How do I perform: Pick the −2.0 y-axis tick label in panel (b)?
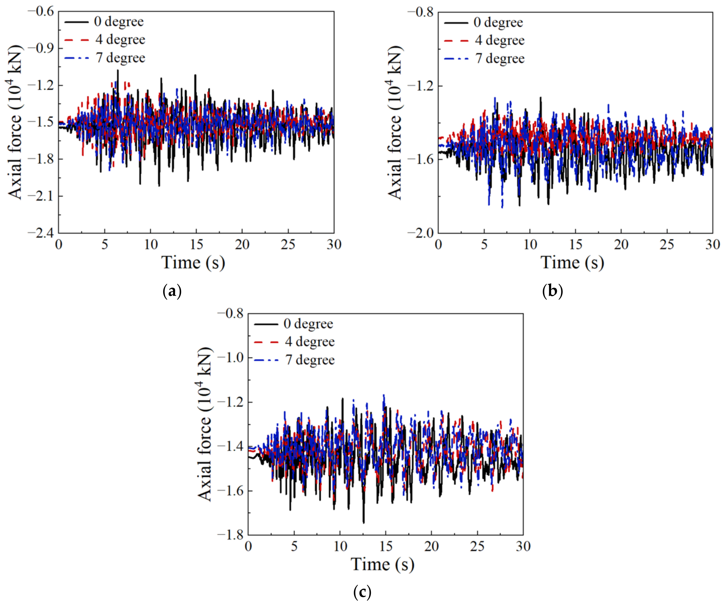click(x=420, y=233)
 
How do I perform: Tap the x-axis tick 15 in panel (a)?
click(x=196, y=245)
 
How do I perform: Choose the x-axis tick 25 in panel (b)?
click(x=667, y=245)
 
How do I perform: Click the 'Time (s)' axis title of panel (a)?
click(x=193, y=263)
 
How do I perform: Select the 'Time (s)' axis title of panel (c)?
click(x=382, y=564)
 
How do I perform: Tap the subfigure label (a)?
click(x=172, y=291)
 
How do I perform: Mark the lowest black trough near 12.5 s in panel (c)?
click(x=364, y=522)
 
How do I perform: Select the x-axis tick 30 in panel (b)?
click(x=712, y=245)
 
